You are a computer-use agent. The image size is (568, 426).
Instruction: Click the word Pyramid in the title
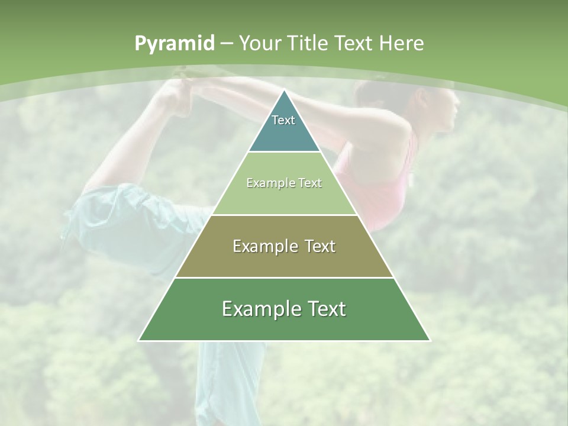click(x=174, y=44)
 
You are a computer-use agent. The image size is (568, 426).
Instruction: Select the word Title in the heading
click(x=309, y=43)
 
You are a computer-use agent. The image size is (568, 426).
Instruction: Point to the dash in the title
click(x=227, y=44)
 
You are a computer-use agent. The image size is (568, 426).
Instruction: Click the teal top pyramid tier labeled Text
click(x=284, y=127)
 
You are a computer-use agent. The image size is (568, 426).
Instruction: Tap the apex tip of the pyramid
click(x=284, y=91)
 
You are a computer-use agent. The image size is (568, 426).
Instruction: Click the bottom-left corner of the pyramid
click(x=140, y=340)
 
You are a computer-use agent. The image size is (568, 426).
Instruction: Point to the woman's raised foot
click(x=175, y=95)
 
